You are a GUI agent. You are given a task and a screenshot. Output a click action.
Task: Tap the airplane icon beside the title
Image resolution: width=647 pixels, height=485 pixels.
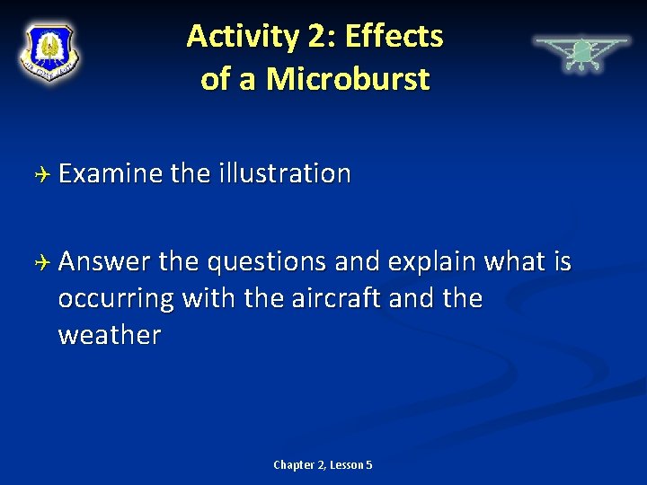581,53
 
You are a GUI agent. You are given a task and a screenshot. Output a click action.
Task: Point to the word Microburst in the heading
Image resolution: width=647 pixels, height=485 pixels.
349,79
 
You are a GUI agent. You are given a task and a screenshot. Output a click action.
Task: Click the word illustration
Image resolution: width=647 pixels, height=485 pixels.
284,173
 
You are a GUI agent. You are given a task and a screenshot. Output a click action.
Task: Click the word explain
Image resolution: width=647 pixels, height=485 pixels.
433,261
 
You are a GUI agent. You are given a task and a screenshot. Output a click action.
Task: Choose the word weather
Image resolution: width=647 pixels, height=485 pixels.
110,334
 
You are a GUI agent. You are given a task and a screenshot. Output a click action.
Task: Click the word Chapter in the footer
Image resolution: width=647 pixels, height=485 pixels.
293,464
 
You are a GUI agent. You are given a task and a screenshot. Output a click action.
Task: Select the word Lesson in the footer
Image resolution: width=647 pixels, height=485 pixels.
345,464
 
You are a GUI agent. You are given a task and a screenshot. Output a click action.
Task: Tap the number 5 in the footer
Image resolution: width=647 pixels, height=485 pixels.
369,464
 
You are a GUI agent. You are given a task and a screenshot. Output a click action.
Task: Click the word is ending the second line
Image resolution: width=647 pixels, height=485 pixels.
561,261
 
